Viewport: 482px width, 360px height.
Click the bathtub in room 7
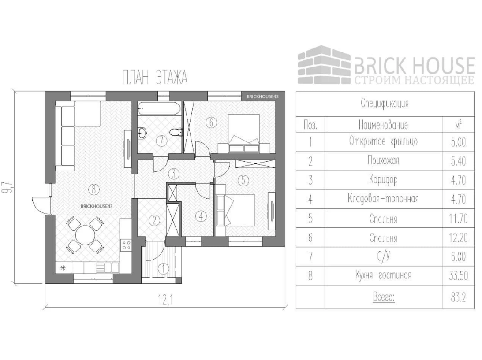pos(159,107)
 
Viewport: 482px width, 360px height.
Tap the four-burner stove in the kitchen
pos(126,245)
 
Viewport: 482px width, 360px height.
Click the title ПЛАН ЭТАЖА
pos(155,78)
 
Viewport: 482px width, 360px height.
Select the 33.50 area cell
pos(459,276)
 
